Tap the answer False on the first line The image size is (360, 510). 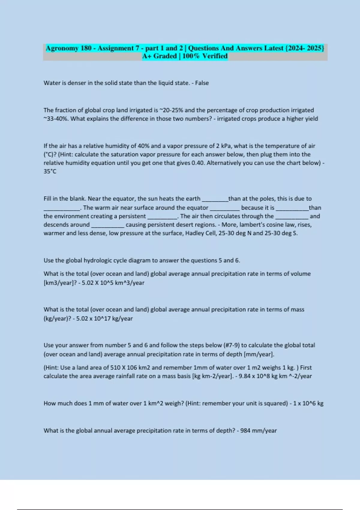point(202,83)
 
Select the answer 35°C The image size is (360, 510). point(50,172)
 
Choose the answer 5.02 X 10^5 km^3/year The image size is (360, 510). point(113,283)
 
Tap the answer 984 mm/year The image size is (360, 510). point(258,431)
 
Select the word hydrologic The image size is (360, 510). point(98,260)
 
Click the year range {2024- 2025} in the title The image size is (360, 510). point(304,48)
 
